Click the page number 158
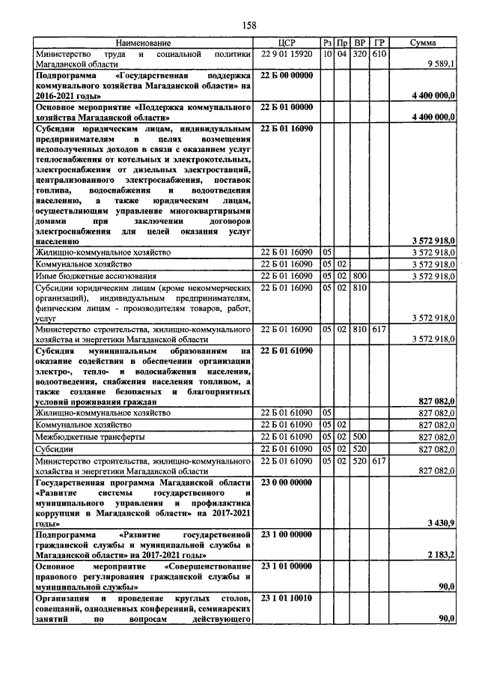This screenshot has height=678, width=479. click(x=249, y=25)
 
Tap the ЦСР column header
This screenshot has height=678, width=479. click(x=288, y=44)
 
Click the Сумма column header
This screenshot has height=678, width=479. click(x=423, y=44)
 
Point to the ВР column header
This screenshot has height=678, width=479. click(x=360, y=44)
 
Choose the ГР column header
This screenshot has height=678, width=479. click(x=379, y=44)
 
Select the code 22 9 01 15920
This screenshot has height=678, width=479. click(x=288, y=55)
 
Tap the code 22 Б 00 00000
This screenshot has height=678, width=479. click(x=287, y=76)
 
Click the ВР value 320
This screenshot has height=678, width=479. click(x=360, y=55)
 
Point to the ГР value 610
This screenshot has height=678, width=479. click(x=379, y=55)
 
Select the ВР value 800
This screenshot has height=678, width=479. click(x=360, y=276)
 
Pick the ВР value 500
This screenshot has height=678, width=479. click(x=360, y=436)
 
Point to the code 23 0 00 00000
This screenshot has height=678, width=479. click(x=287, y=482)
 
